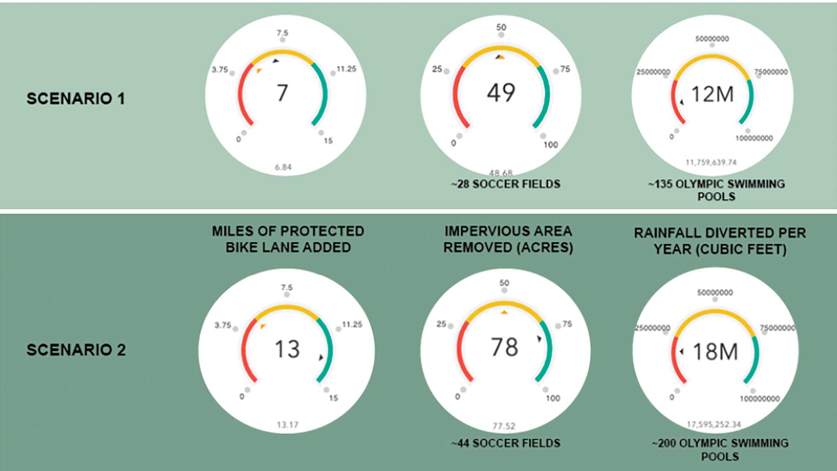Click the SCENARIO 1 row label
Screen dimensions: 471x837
click(x=76, y=99)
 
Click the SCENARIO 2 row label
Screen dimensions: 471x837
click(x=76, y=350)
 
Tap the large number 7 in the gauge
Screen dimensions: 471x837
click(x=282, y=93)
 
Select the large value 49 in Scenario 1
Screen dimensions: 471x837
click(x=501, y=92)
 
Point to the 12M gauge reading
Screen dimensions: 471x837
click(x=713, y=94)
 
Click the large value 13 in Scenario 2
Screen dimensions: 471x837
click(x=287, y=349)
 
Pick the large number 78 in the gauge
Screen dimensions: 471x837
click(x=504, y=347)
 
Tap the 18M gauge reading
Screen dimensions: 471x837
click(x=715, y=352)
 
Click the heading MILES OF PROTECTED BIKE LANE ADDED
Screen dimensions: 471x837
click(x=288, y=239)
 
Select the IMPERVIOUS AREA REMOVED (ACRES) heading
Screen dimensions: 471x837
click(x=508, y=239)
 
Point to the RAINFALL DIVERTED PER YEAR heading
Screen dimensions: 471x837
click(x=720, y=241)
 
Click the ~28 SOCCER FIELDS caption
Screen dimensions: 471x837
click(x=506, y=184)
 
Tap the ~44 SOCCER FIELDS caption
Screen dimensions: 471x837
click(x=506, y=443)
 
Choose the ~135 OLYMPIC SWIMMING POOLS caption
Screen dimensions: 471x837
click(x=716, y=190)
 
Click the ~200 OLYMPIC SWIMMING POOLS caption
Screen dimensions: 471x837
click(x=720, y=450)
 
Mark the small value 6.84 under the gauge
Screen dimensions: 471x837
click(x=283, y=167)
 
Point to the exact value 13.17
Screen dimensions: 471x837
click(x=287, y=425)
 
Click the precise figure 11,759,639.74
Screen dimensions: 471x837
click(x=711, y=163)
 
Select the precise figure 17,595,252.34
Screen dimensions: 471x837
click(x=714, y=424)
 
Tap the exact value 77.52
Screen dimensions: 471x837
click(x=504, y=426)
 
